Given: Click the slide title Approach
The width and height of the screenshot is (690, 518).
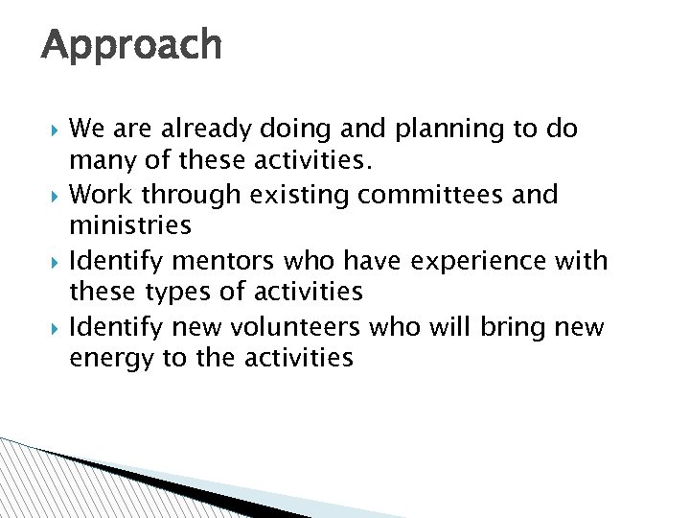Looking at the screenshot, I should click(131, 45).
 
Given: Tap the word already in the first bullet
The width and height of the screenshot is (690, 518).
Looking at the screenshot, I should click(208, 129).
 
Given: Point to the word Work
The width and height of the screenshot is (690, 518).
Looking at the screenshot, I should click(102, 196).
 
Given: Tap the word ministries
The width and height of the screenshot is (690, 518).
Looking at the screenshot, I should click(130, 224).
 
